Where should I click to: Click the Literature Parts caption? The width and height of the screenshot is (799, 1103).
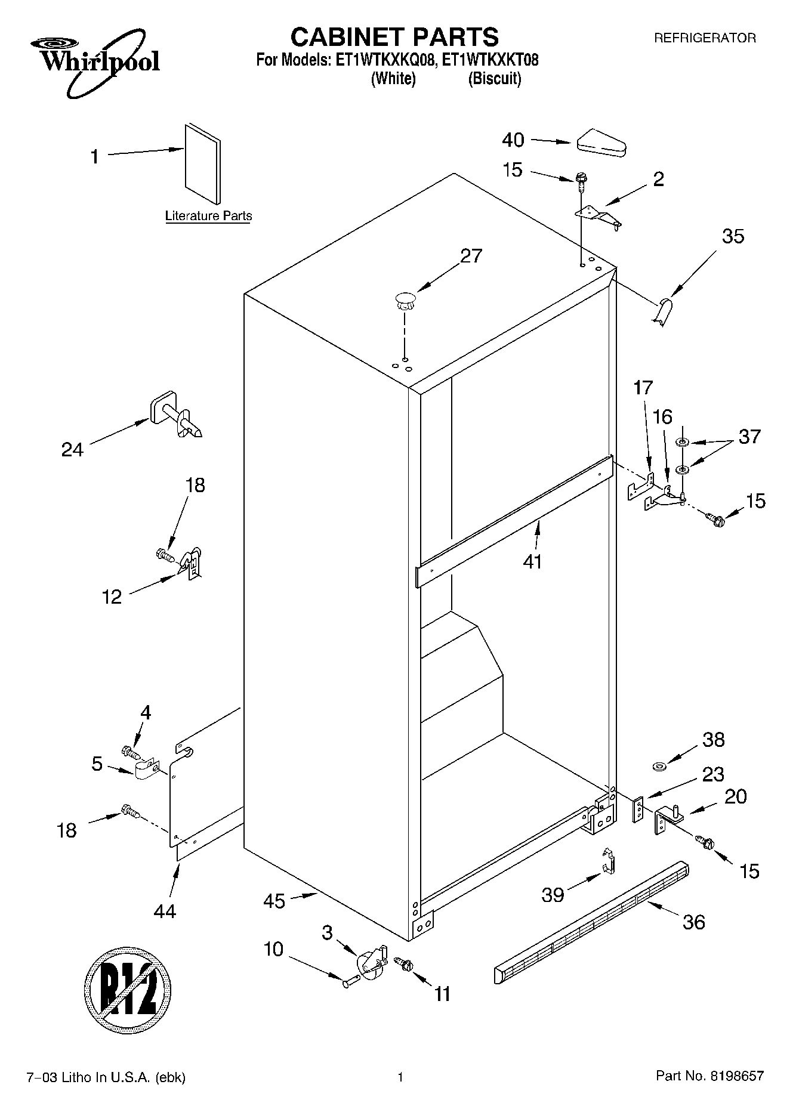[x=208, y=216]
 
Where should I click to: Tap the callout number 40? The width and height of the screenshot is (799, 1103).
[x=513, y=140]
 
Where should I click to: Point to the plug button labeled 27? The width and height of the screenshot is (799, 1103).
[x=405, y=300]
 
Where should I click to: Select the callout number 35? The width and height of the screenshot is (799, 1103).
[x=733, y=236]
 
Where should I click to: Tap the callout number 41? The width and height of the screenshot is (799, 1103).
[x=532, y=561]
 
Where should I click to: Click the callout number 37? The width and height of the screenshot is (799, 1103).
[x=749, y=436]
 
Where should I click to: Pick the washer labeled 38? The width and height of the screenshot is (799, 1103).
[x=659, y=765]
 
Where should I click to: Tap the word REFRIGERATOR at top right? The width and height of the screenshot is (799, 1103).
[x=705, y=38]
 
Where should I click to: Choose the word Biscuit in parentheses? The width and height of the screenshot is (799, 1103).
[x=494, y=79]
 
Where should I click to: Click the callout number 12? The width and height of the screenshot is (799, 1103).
[x=112, y=597]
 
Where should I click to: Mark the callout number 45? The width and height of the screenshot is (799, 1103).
[x=274, y=901]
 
